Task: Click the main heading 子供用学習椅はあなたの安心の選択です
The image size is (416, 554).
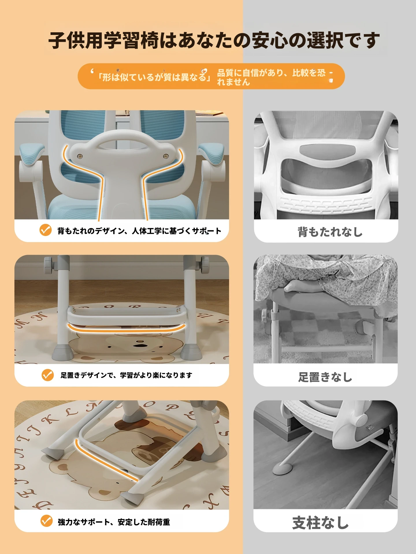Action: point(214,40)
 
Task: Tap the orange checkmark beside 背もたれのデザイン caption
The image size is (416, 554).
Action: point(46,230)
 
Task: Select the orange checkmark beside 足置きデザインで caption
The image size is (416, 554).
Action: point(48,375)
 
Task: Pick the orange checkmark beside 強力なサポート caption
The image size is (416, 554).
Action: point(47,521)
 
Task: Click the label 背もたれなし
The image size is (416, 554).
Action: point(330,232)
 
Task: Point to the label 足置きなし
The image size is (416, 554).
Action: point(325,377)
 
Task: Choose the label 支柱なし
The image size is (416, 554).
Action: point(321,523)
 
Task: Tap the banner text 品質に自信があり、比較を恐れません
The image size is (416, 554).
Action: point(271,77)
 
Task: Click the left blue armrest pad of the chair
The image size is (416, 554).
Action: point(32,153)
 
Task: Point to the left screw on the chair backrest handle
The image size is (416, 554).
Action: point(80,156)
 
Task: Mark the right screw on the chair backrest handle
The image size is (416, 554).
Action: point(166,156)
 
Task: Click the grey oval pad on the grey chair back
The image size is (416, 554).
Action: point(327,150)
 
